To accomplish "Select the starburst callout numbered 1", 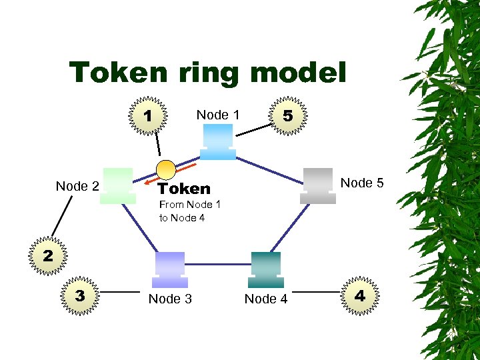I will coord(148,116).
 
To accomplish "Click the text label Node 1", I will coord(218,115).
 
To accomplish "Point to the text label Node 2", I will coord(77,186).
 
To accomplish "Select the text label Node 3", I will coord(170,299).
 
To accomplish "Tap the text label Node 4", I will coord(266,299).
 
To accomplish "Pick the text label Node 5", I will coord(362,183).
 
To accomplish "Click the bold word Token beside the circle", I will coord(184,189).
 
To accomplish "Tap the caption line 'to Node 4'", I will coord(182,217).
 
